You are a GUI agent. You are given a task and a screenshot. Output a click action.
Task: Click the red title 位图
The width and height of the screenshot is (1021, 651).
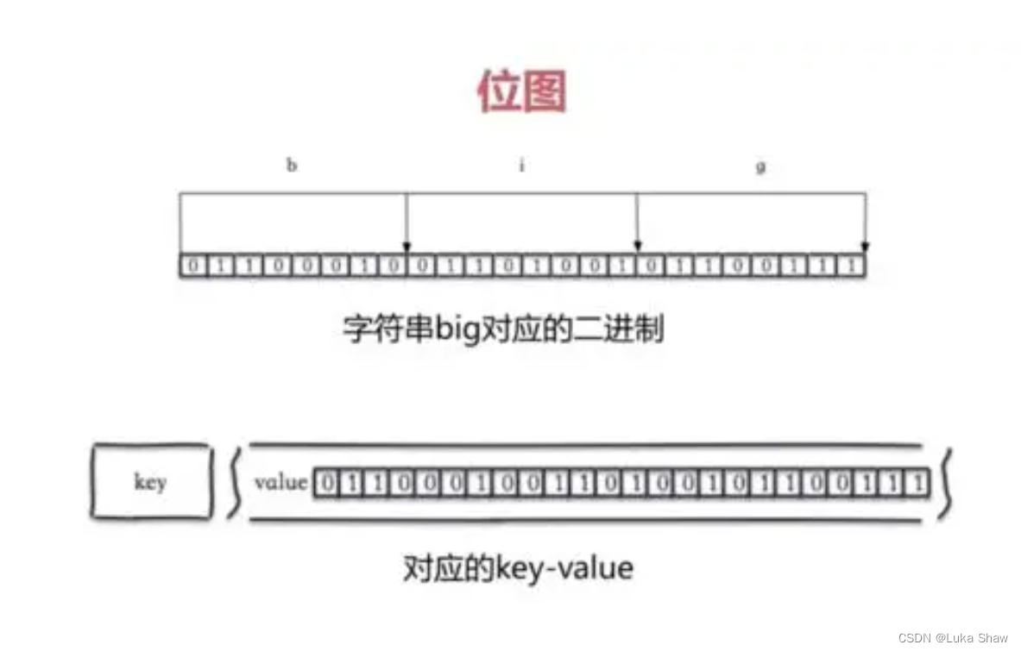tap(521, 92)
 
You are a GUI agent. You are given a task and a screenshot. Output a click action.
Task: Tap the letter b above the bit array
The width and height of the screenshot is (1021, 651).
tap(292, 166)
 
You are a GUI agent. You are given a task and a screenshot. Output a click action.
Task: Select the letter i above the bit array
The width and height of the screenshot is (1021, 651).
tap(521, 166)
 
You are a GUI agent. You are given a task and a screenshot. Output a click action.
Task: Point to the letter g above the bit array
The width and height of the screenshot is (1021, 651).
tap(760, 166)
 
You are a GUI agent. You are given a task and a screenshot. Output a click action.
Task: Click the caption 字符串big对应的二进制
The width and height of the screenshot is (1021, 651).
tap(504, 329)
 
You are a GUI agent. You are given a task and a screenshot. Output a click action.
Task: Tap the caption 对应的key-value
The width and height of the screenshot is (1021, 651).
tap(518, 568)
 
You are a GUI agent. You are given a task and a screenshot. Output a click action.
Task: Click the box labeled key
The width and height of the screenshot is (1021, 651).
tap(150, 482)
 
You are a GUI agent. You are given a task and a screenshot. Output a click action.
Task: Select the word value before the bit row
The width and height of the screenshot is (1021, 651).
tap(280, 482)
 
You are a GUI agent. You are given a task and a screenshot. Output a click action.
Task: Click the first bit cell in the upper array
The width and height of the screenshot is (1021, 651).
tap(192, 266)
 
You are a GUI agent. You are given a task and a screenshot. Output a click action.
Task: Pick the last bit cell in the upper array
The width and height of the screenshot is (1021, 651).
tap(853, 266)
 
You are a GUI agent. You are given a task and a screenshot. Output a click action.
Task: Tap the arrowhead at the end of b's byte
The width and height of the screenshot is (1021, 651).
tap(407, 248)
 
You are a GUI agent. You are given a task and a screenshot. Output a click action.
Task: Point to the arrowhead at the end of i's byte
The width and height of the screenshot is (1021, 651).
tap(636, 248)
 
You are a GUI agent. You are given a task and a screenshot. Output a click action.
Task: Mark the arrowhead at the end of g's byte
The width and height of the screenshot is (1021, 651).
tap(865, 248)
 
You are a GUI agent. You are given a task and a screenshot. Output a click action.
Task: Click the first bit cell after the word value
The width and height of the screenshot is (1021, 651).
tap(325, 483)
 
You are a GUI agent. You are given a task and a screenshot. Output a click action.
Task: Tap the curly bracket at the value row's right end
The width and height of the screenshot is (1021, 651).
tap(948, 482)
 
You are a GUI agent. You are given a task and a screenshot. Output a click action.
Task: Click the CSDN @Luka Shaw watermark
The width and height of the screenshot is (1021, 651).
tap(952, 638)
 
